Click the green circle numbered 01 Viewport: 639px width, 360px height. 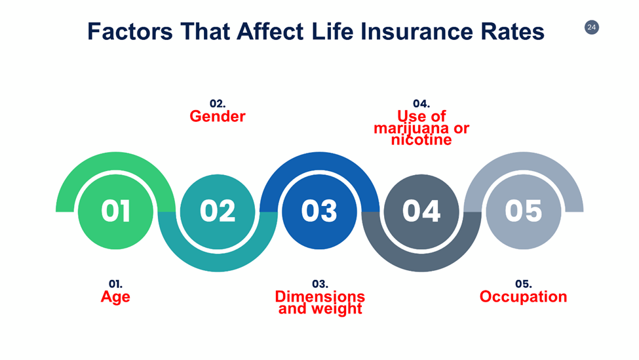coord(116,211)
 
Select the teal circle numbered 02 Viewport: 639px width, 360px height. coord(218,211)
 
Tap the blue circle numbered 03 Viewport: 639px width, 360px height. coord(319,211)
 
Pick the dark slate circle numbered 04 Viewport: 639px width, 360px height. coord(421,211)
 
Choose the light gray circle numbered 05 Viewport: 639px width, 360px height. coord(523,211)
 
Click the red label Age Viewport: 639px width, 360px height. coord(115,297)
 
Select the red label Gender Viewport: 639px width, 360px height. coord(218,117)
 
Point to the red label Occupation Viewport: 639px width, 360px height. coord(523,297)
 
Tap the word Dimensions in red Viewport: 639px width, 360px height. coord(320,296)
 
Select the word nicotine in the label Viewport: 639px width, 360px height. coord(421,140)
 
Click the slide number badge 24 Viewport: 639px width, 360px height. coord(591,28)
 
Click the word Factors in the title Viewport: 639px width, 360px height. coord(128,31)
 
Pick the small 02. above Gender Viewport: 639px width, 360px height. coord(218,104)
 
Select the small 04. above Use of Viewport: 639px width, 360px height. coord(421,104)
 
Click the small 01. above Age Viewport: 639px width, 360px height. coord(115,284)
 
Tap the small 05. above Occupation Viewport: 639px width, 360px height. coord(523,284)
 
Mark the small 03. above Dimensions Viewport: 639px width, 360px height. coord(320,284)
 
